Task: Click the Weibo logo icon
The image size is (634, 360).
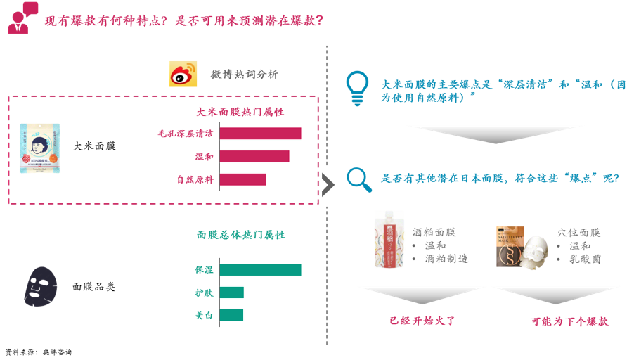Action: [183, 74]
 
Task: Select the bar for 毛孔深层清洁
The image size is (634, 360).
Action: [260, 134]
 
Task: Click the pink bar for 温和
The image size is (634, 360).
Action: [254, 156]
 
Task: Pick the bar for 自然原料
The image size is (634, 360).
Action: [243, 179]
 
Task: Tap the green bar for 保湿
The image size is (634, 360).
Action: [260, 269]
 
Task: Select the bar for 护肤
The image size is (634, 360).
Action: [232, 292]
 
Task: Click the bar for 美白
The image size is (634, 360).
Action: [232, 315]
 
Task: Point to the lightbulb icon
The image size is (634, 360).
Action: [357, 87]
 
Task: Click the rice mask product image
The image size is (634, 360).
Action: [40, 148]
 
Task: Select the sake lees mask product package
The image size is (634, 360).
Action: [390, 239]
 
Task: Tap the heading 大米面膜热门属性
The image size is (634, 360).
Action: [240, 112]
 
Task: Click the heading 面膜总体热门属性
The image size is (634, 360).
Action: [240, 235]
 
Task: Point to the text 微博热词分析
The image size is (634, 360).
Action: [244, 75]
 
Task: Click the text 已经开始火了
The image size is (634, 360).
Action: [422, 321]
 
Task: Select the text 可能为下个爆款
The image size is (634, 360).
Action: [569, 321]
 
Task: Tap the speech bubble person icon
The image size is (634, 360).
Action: [22, 18]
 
